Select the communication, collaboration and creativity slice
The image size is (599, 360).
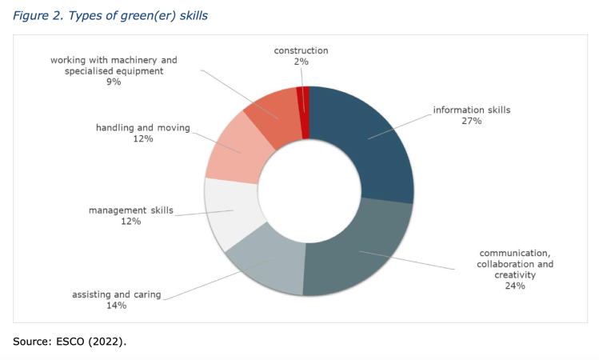[x=360, y=248]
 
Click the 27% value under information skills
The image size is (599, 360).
[x=471, y=121]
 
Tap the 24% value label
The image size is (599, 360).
[x=514, y=286]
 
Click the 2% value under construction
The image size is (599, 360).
[x=301, y=62]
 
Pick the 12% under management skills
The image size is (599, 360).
[x=130, y=222]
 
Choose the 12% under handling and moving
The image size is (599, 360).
[x=143, y=139]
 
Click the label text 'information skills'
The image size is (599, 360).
[x=471, y=110]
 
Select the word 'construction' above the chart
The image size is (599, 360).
[x=301, y=51]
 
